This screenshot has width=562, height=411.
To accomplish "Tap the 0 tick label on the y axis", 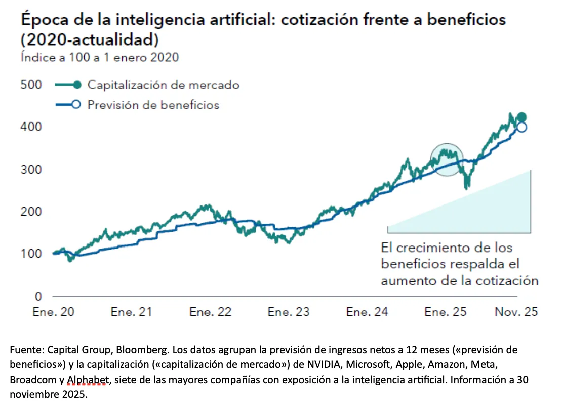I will point(37,296).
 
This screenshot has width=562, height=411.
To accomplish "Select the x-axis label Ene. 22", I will point(210,312).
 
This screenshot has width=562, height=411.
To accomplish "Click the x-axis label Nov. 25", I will point(516,312).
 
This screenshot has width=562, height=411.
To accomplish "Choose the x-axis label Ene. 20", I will point(53,312).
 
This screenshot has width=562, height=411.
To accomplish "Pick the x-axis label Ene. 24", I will point(367,312).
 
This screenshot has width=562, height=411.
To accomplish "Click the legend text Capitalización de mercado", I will point(163,85).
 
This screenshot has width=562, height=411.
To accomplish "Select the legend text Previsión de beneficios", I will point(153,105).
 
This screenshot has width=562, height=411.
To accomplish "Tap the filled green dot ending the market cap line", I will point(521,117).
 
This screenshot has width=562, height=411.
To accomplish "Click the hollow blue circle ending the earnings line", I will point(521,127).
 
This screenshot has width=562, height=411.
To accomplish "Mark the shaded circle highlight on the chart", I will point(447,159).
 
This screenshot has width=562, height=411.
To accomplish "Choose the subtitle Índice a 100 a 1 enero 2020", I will point(100,57).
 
